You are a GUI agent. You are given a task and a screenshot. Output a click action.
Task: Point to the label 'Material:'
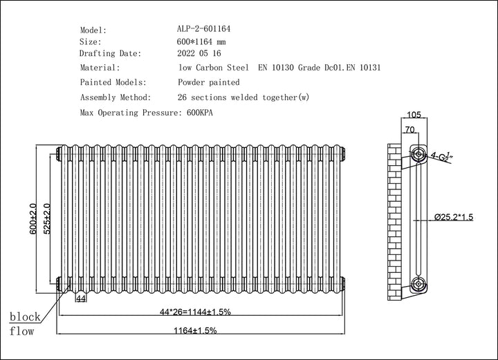(100, 68)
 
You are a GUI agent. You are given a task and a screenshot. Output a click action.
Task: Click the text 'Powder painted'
(209, 83)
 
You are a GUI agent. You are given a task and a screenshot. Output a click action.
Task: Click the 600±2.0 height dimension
(33, 220)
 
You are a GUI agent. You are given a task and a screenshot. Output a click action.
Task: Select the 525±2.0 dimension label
(47, 220)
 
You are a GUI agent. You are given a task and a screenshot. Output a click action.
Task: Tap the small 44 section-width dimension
(80, 299)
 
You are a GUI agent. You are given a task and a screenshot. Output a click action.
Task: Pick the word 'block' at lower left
(25, 317)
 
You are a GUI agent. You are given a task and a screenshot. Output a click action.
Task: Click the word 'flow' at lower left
(21, 331)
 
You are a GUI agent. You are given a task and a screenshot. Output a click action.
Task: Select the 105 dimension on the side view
(414, 115)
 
